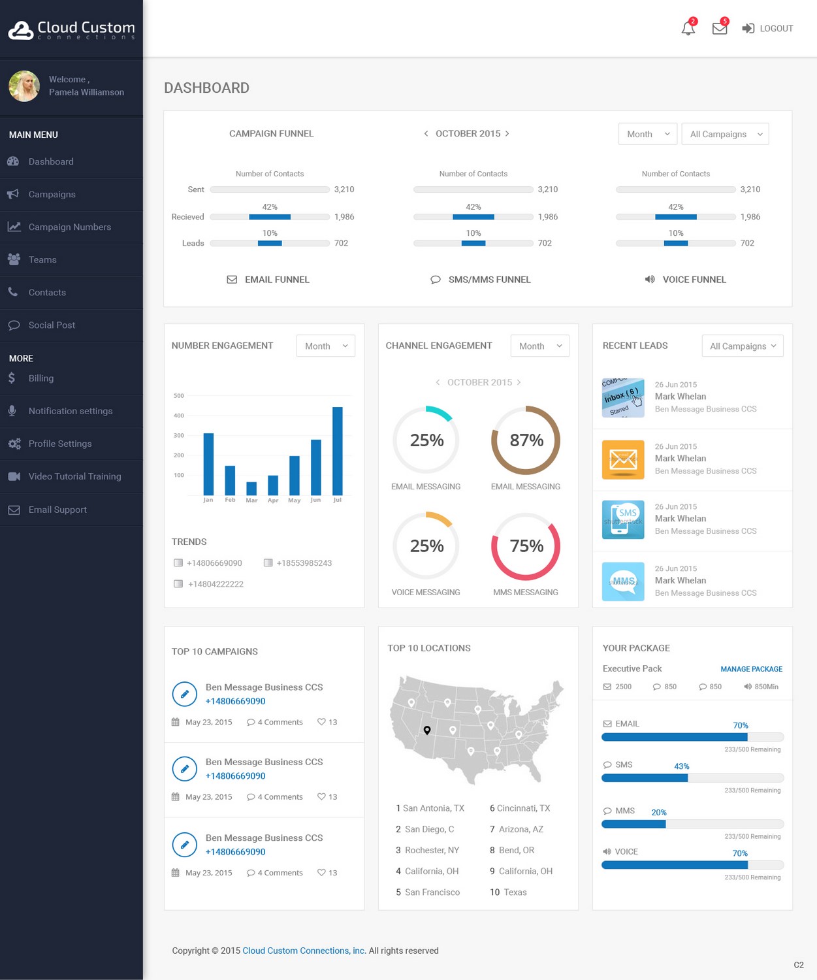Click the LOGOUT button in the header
click(x=768, y=28)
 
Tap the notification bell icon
click(x=688, y=29)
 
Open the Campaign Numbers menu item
click(x=69, y=227)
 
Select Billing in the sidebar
click(x=40, y=378)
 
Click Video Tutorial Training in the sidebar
click(x=74, y=476)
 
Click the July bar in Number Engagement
click(x=338, y=451)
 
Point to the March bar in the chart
click(x=251, y=488)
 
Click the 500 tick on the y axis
click(x=179, y=396)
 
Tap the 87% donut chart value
click(x=526, y=440)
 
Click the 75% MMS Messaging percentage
click(x=526, y=546)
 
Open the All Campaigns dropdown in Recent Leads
click(x=743, y=346)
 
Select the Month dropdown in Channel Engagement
click(x=539, y=346)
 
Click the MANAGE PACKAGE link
click(x=751, y=669)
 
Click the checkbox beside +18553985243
click(x=268, y=563)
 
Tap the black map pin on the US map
click(x=427, y=730)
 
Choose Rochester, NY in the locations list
click(x=432, y=850)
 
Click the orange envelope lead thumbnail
click(x=623, y=459)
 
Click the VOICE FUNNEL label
click(x=694, y=280)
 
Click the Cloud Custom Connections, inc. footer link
click(x=304, y=951)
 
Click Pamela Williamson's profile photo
click(x=24, y=86)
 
